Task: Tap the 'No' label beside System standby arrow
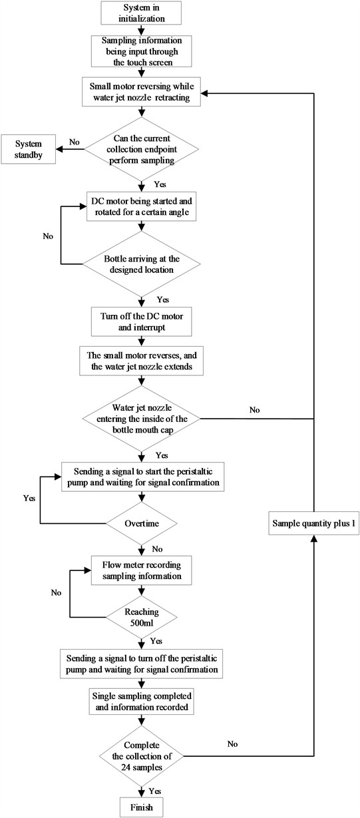point(73,142)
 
